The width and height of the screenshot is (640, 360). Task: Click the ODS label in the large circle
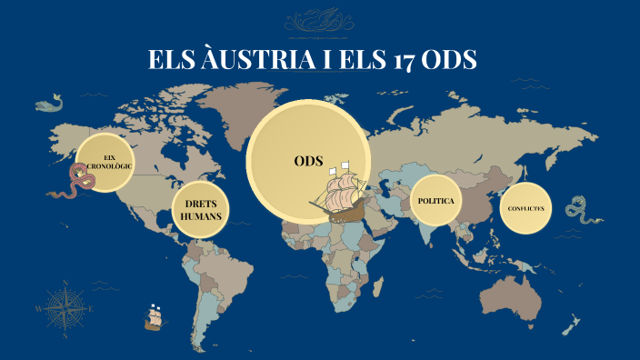click(309, 161)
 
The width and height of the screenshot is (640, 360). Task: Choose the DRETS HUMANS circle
click(201, 210)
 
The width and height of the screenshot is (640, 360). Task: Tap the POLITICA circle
click(435, 200)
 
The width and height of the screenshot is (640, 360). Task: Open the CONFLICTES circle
click(526, 208)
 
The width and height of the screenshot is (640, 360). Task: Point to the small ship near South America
click(154, 316)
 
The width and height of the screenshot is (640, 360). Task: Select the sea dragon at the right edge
click(578, 212)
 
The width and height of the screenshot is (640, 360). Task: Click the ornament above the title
click(319, 22)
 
